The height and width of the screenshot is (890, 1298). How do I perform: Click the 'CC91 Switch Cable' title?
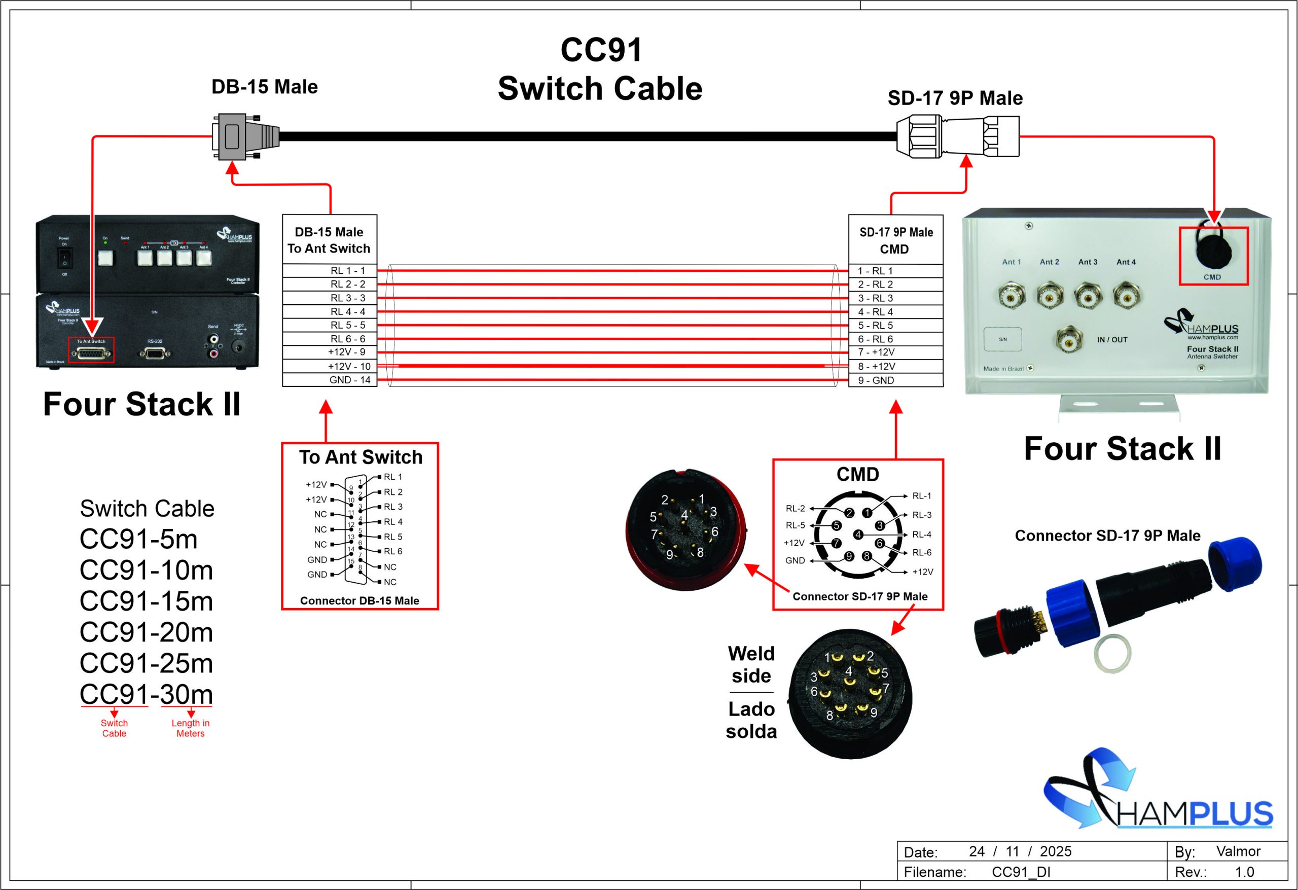(x=600, y=69)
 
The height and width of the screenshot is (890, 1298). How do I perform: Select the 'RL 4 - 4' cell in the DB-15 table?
(x=347, y=312)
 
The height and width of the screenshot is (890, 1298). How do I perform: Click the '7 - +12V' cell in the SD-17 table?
(x=876, y=352)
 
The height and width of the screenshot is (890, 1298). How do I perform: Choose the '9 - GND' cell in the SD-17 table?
(x=876, y=380)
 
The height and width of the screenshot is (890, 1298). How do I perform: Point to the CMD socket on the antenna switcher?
(x=1212, y=253)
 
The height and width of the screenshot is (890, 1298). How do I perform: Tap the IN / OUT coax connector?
(x=1069, y=339)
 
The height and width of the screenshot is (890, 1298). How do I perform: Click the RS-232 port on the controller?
(x=155, y=353)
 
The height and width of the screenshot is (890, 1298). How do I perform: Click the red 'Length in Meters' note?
(x=191, y=728)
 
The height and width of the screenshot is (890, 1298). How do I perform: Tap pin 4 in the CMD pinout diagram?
(x=858, y=535)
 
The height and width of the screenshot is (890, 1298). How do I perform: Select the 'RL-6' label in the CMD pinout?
(x=922, y=553)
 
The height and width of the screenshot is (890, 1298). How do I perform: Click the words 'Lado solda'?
(x=751, y=720)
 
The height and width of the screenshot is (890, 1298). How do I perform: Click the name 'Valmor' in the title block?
(x=1238, y=851)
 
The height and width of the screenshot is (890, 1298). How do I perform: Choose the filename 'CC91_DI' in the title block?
(x=1021, y=872)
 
